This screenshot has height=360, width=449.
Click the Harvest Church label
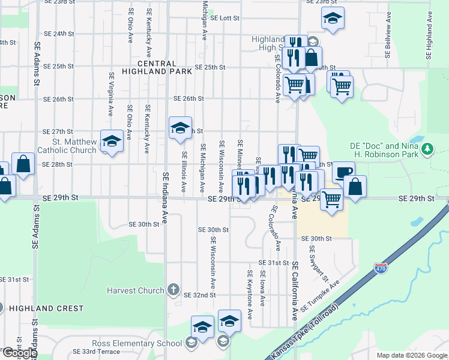(135, 290)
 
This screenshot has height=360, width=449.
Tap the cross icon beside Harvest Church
(173, 290)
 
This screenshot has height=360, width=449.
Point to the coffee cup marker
(343, 172)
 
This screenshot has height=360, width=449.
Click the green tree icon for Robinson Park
(427, 148)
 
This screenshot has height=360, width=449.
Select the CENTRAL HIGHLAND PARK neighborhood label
(157, 67)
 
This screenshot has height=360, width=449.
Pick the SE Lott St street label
(225, 18)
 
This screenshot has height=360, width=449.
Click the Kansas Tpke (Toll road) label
(305, 332)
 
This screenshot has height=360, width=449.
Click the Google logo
(19, 353)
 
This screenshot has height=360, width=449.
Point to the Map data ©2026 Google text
(411, 355)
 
